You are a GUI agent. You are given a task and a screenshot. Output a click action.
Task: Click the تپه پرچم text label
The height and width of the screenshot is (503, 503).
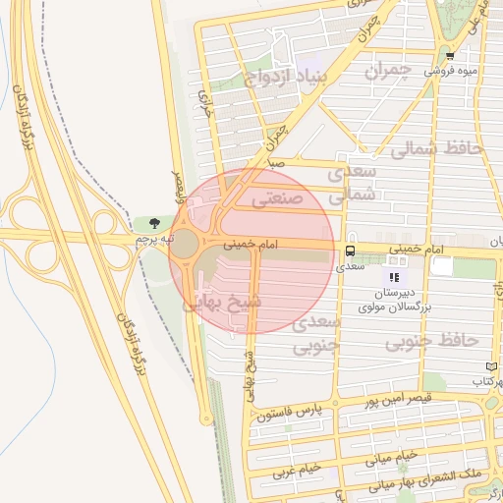point(154,239)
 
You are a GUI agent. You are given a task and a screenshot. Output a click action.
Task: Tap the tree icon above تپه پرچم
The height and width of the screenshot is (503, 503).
point(154,222)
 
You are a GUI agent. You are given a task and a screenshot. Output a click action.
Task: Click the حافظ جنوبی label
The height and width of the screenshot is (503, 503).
point(432,341)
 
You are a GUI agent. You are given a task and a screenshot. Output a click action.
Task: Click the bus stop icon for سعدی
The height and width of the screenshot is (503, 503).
point(350,250)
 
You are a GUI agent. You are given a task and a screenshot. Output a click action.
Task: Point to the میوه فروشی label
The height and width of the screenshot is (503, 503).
point(452,71)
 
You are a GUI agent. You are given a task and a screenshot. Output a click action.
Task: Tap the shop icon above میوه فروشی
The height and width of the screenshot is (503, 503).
point(450,56)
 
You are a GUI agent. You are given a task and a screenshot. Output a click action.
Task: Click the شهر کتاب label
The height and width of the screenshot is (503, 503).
point(484,380)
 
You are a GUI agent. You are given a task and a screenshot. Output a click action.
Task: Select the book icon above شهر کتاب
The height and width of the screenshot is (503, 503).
point(492,366)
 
